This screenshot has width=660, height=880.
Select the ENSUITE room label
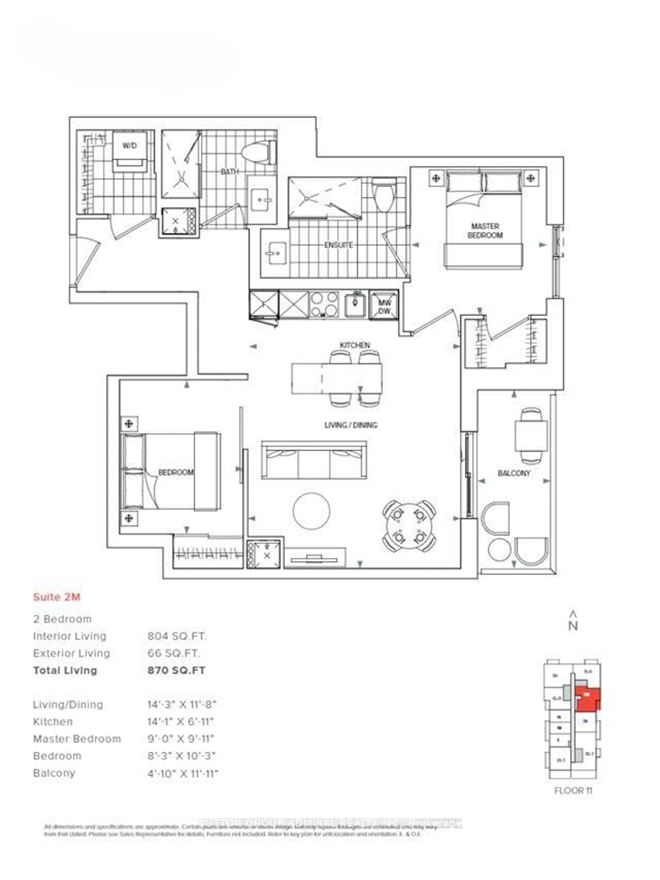pyautogui.click(x=338, y=245)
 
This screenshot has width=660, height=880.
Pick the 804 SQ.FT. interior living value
pyautogui.click(x=177, y=636)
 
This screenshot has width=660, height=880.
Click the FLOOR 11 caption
pyautogui.click(x=573, y=790)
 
